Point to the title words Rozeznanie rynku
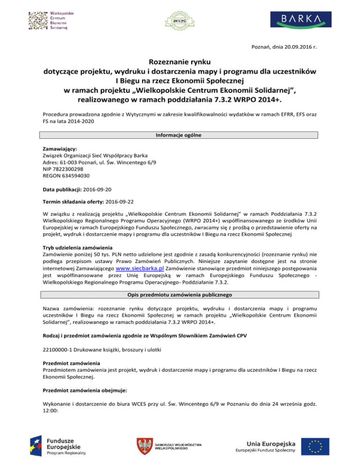pyautogui.click(x=180, y=62)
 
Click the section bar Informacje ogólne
pyautogui.click(x=180, y=135)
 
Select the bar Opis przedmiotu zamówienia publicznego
pyautogui.click(x=180, y=295)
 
